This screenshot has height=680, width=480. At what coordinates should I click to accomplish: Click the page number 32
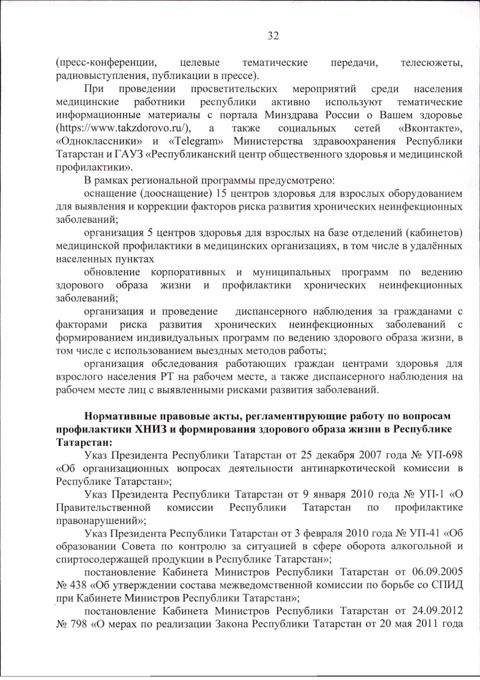273,36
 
